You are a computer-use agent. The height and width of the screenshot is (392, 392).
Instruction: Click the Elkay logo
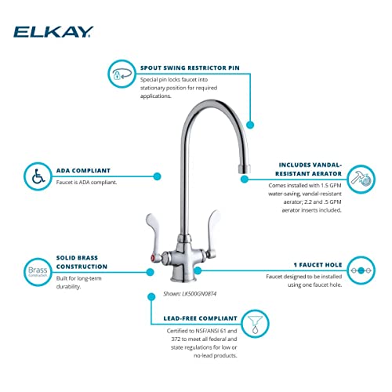[x=53, y=31]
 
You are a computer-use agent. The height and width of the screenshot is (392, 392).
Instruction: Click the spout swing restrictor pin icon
[x=121, y=74]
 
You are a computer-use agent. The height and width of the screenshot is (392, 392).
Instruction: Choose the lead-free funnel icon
[x=255, y=322]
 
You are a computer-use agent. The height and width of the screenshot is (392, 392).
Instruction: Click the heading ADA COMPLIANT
[x=82, y=169]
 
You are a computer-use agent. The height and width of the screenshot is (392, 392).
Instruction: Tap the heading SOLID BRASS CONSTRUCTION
[x=85, y=260]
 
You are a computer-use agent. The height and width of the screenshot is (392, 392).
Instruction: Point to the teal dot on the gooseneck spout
[x=251, y=124]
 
